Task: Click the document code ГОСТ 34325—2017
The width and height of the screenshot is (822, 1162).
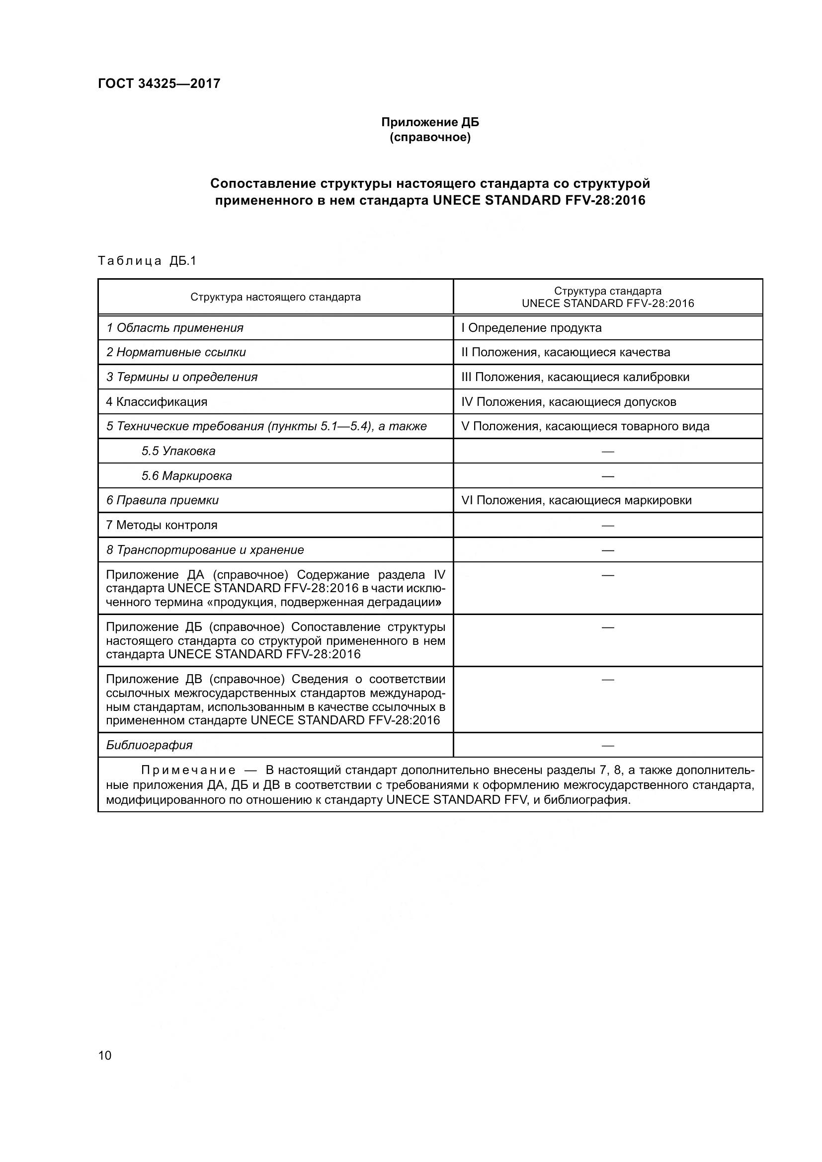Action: pos(159,83)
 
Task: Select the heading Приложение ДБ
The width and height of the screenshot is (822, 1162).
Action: pos(430,122)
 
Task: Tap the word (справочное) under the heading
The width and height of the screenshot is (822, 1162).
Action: pos(430,138)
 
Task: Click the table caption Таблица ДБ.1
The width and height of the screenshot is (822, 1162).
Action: pos(147,261)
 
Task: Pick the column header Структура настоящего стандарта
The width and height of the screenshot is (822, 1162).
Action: pos(275,297)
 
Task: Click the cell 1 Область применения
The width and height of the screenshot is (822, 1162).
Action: pos(174,328)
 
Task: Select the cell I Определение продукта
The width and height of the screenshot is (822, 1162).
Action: pos(531,328)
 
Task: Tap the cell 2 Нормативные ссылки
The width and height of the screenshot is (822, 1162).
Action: pos(176,352)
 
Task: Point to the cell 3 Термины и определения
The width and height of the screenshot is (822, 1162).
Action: pos(182,377)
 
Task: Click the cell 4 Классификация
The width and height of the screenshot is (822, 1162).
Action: pos(157,402)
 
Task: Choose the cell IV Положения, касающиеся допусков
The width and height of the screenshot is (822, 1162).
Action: pos(569,402)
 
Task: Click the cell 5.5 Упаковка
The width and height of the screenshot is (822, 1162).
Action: pos(178,451)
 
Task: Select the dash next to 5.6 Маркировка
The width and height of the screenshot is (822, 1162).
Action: pos(607,476)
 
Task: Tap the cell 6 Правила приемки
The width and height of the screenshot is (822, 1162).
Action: pos(163,501)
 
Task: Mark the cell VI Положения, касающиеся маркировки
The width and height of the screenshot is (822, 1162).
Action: pos(576,501)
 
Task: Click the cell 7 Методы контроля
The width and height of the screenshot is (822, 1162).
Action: pos(162,525)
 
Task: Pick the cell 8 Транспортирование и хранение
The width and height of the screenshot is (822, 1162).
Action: pos(205,550)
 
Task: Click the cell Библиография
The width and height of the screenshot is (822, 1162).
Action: pos(149,745)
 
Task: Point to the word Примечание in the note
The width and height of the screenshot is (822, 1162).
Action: pos(188,771)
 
